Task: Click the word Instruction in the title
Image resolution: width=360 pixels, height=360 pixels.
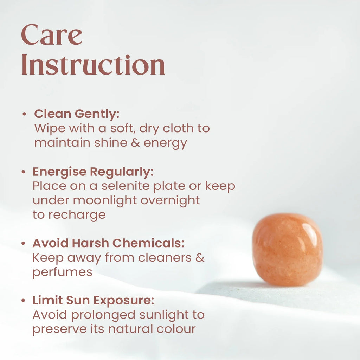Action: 93,65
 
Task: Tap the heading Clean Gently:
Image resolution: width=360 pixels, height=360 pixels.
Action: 77,114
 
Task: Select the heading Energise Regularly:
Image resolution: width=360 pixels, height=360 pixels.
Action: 93,172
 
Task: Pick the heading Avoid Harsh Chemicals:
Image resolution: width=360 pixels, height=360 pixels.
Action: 108,243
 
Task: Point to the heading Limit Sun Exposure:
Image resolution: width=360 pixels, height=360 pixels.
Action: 93,301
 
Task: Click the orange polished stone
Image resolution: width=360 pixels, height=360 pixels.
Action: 287,249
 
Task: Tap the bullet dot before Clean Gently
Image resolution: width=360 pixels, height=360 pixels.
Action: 24,114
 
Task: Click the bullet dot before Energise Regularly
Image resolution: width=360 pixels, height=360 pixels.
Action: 23,172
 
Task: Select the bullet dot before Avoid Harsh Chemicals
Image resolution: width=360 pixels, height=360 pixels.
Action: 23,243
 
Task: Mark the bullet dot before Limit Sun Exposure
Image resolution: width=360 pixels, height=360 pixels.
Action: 23,301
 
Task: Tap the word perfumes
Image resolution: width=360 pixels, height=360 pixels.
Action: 62,272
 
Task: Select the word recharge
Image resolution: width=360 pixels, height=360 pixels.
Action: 77,215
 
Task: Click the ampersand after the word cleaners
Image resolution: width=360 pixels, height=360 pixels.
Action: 200,258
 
